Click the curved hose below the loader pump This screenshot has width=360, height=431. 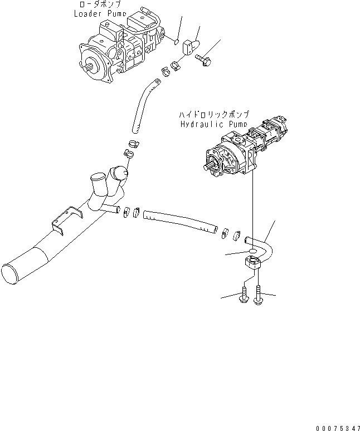(x=142, y=104)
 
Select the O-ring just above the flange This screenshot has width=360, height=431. (x=252, y=252)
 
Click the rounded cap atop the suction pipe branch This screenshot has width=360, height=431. (x=119, y=173)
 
